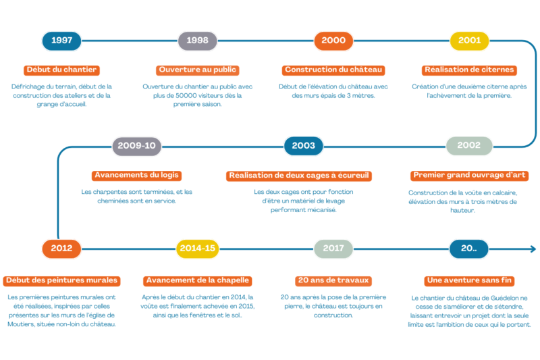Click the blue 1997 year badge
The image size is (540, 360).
pyautogui.click(x=61, y=41)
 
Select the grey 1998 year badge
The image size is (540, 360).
pyautogui.click(x=197, y=41)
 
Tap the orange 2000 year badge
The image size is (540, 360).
pyautogui.click(x=333, y=41)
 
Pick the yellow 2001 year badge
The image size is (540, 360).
pyautogui.click(x=469, y=41)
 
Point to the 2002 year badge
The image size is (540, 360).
pyautogui.click(x=469, y=146)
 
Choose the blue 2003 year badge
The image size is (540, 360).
pyautogui.click(x=303, y=146)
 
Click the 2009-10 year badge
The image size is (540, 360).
pyautogui.click(x=137, y=146)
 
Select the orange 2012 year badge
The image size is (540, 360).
pyautogui.click(x=61, y=249)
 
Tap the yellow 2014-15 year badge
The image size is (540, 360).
pyautogui.click(x=197, y=249)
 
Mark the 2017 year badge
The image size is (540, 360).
pyautogui.click(x=333, y=249)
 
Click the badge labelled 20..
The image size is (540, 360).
pyautogui.click(x=468, y=249)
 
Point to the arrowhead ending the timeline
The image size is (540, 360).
pyautogui.click(x=533, y=249)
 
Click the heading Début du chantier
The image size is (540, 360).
pyautogui.click(x=61, y=70)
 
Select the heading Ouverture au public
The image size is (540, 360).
pyautogui.click(x=197, y=70)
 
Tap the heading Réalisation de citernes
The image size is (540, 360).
pyautogui.click(x=469, y=70)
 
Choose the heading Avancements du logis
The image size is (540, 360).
pyautogui.click(x=137, y=176)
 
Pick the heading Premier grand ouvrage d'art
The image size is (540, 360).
pyautogui.click(x=469, y=176)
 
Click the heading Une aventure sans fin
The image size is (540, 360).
pyautogui.click(x=469, y=281)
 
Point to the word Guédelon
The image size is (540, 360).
pyautogui.click(x=504, y=298)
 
